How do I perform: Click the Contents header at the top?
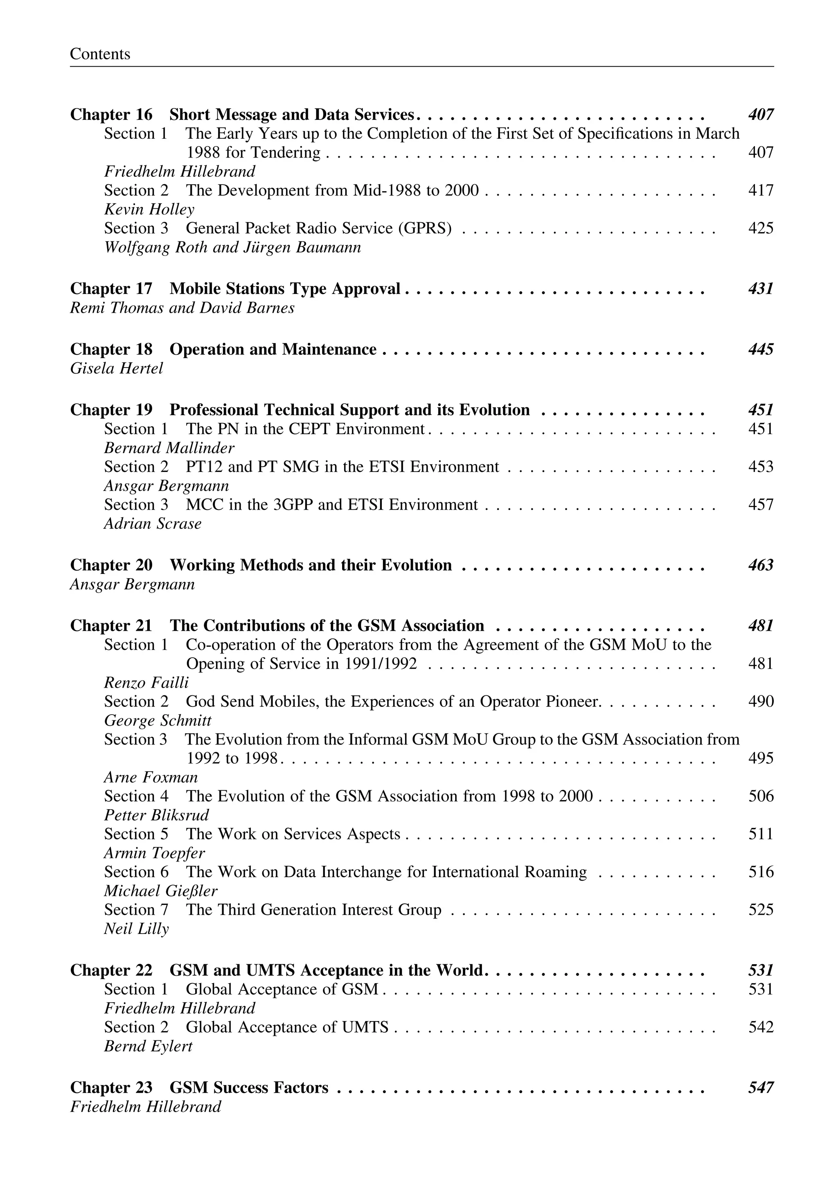click(100, 54)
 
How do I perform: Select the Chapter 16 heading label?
click(111, 115)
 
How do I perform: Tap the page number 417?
click(761, 190)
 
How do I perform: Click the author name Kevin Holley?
click(149, 210)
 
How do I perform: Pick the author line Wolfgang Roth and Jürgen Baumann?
click(232, 247)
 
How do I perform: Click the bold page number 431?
click(761, 289)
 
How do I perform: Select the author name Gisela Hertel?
click(117, 368)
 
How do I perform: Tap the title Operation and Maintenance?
click(273, 350)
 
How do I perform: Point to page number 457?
click(761, 505)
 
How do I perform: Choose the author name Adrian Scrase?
click(153, 524)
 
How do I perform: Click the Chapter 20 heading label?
click(111, 565)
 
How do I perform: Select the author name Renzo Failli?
click(146, 683)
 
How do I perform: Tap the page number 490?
click(761, 702)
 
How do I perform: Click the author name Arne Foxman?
click(151, 777)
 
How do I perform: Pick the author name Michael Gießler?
click(160, 891)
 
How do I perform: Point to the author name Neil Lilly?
click(136, 929)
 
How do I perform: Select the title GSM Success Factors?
click(249, 1087)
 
